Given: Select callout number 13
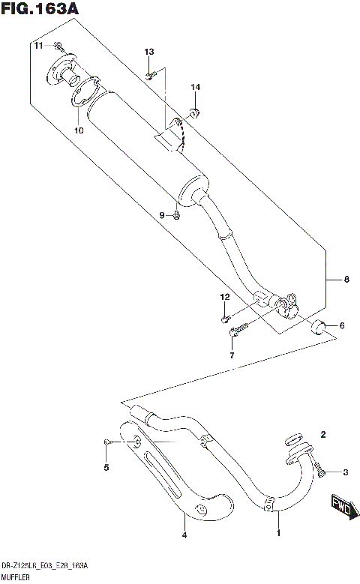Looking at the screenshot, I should pos(148,51).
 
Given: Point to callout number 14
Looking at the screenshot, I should pos(195,88).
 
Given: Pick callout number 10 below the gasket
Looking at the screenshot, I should pos(78,130).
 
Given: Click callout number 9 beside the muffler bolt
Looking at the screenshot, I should pos(161,216).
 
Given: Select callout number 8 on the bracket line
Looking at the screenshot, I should pos(346,280).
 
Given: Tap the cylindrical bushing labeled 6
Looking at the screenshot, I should pos(319,326).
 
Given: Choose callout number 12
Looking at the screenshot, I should pos(223,298).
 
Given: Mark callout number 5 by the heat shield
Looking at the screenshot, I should pos(106,468).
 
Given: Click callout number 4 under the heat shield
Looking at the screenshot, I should pos(184,535).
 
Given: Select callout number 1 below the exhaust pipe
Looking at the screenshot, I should pos(277,533).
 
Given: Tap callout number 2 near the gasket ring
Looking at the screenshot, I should pos(323,434).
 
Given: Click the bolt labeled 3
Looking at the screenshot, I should pos(321,470).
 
